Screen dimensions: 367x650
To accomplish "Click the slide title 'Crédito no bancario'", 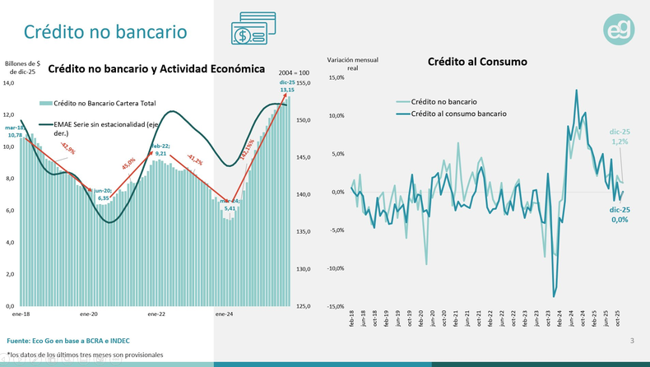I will coord(104,31).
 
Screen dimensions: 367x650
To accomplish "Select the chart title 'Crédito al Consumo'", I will coord(477,62).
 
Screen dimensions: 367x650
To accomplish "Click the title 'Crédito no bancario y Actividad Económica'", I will coord(156,69).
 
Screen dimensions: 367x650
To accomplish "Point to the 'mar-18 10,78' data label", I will coord(15,132).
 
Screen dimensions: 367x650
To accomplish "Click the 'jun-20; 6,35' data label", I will coord(103,194).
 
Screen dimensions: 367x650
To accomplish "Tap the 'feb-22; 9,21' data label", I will coord(160,149).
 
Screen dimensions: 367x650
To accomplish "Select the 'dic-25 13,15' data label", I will coord(287,86).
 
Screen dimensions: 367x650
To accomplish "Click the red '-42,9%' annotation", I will coord(67,150).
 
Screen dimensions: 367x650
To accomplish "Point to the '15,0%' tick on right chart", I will coord(337,77).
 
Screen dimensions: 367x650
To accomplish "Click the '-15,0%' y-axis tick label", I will coord(336,306).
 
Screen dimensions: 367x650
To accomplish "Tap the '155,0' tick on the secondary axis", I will coord(303,83).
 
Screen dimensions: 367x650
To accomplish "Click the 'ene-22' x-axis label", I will coord(156,314).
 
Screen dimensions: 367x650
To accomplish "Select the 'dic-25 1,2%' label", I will coord(619,137).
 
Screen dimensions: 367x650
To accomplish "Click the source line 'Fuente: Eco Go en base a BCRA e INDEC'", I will coord(68,341).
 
